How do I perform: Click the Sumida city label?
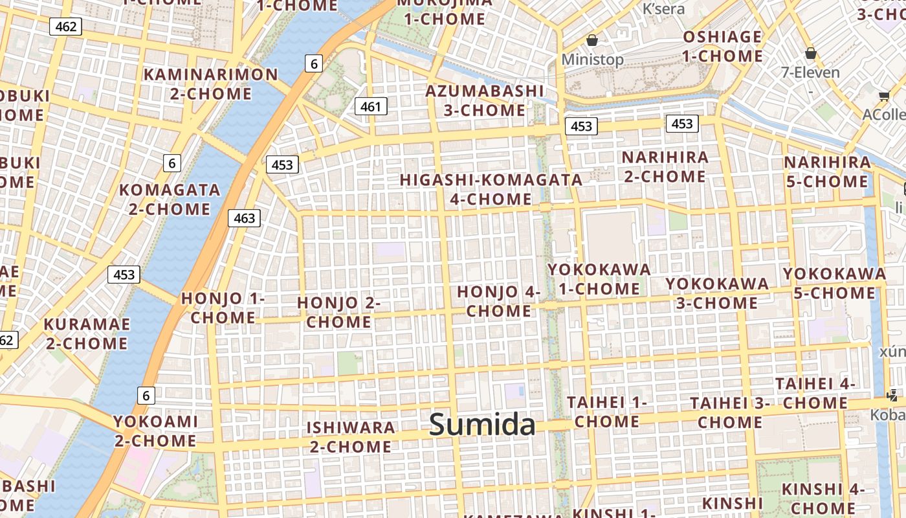tap(482, 425)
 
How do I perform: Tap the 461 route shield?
tap(371, 106)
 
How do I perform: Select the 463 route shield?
tap(244, 218)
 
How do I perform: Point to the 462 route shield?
tap(65, 27)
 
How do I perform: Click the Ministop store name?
tap(592, 60)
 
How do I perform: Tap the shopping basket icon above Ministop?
tap(591, 41)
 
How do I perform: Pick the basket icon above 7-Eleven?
tap(810, 53)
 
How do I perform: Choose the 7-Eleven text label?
tap(810, 73)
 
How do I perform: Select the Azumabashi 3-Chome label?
tap(485, 100)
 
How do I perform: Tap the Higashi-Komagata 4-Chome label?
tap(491, 189)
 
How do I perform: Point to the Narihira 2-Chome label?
tap(665, 166)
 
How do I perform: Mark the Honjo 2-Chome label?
tap(338, 312)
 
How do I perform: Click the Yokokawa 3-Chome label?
tap(717, 293)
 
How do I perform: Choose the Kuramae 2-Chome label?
tap(87, 333)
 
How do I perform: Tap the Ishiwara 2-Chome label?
tap(351, 437)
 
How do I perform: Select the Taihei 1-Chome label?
tap(607, 412)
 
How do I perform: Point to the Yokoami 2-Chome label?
tap(155, 431)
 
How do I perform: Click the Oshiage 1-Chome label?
tap(722, 47)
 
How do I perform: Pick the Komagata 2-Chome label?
tap(170, 199)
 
